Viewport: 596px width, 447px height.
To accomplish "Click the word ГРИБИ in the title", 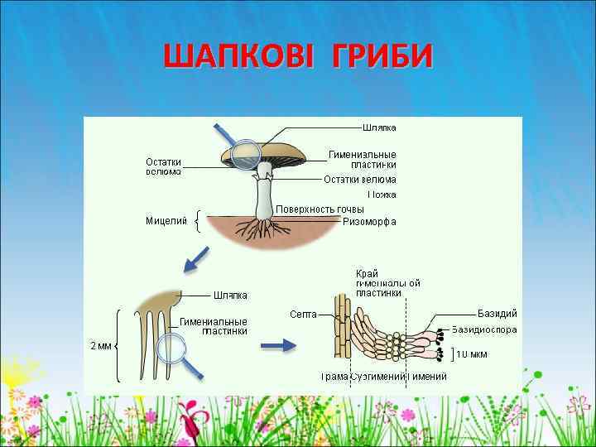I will pyautogui.click(x=382, y=57).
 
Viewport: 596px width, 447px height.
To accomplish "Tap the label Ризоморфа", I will pyautogui.click(x=369, y=222).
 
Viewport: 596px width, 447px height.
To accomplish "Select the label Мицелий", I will pyautogui.click(x=166, y=221).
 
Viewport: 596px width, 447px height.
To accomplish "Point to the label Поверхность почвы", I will pyautogui.click(x=320, y=209).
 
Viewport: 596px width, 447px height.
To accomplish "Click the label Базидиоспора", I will pyautogui.click(x=484, y=329).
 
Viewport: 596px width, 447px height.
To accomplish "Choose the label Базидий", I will pyautogui.click(x=497, y=313).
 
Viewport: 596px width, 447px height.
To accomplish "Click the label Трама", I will pyautogui.click(x=334, y=377).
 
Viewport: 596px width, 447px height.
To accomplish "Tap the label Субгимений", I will pyautogui.click(x=377, y=377).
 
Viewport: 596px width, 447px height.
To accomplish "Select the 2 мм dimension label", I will pyautogui.click(x=100, y=346).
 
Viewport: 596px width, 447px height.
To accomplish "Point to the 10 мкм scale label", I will pyautogui.click(x=473, y=355).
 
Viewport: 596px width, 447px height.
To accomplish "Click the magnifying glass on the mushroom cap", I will pyautogui.click(x=246, y=153).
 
